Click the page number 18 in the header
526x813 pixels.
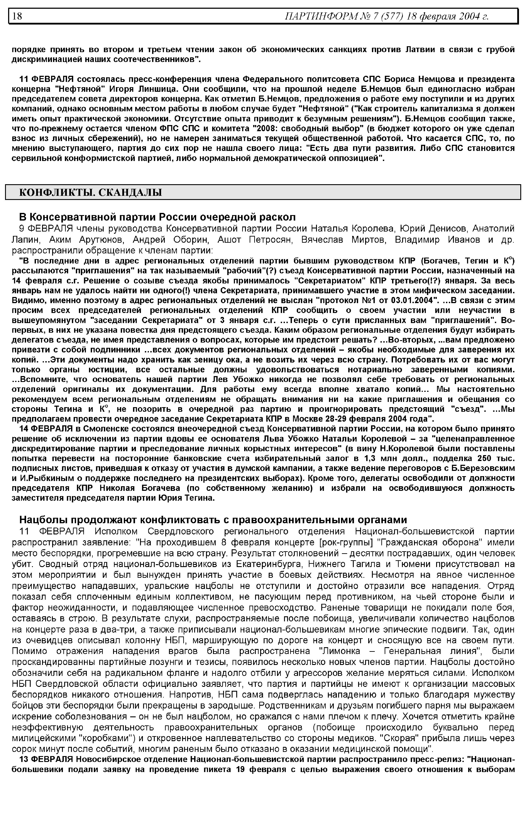point(17,16)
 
